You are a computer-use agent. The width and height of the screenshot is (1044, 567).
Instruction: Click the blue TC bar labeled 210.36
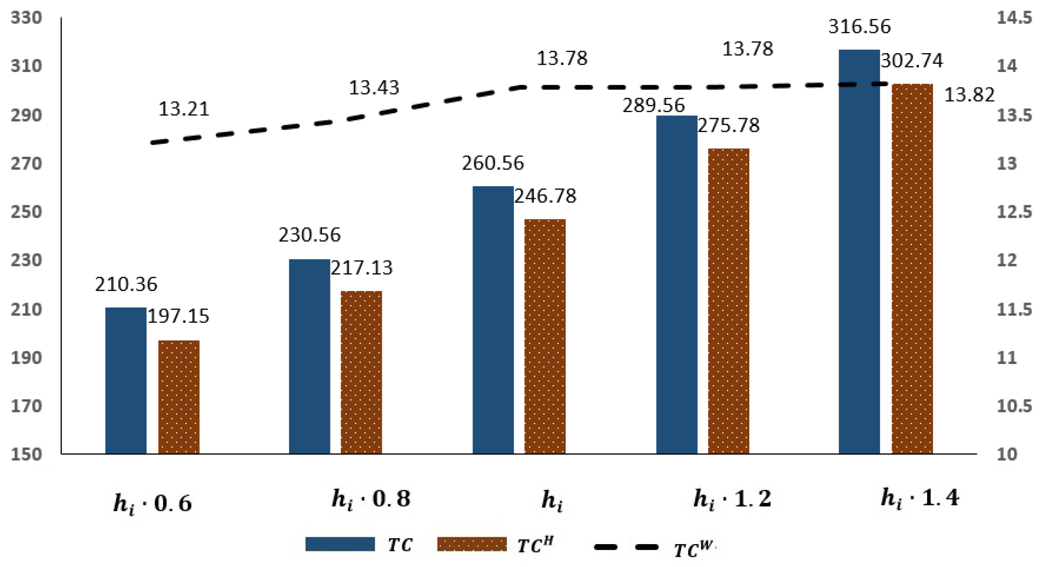[126, 380]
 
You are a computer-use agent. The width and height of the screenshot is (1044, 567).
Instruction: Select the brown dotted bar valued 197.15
[179, 397]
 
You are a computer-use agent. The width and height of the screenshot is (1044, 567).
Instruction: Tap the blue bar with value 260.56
[493, 320]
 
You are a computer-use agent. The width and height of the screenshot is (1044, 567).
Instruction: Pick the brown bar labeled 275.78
[728, 301]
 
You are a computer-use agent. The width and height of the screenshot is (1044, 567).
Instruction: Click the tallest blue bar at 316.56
[859, 252]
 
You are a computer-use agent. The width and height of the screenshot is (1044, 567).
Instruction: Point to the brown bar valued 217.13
[361, 372]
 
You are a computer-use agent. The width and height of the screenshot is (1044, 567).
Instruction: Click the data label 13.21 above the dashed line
[184, 109]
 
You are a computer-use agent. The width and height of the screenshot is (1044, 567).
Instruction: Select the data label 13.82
[969, 95]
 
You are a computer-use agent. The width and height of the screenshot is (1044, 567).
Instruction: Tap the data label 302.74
[912, 61]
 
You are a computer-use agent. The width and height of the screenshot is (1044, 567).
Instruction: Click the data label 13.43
[374, 88]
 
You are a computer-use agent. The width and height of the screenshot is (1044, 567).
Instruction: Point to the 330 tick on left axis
[26, 18]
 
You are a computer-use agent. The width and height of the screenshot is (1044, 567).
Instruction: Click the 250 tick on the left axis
[26, 212]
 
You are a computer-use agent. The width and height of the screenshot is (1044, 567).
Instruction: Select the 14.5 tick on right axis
[1014, 18]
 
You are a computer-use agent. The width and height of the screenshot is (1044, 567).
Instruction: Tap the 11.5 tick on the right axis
[1014, 309]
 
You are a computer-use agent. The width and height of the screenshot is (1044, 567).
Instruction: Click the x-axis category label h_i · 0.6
[152, 504]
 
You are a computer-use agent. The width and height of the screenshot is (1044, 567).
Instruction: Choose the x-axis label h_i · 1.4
[919, 498]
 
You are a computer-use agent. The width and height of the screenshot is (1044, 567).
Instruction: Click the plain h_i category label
[552, 501]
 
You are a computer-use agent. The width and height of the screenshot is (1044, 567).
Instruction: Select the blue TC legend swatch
[340, 544]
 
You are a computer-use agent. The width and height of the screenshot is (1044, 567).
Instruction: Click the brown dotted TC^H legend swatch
[472, 544]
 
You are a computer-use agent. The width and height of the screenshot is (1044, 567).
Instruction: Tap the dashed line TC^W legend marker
[626, 547]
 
